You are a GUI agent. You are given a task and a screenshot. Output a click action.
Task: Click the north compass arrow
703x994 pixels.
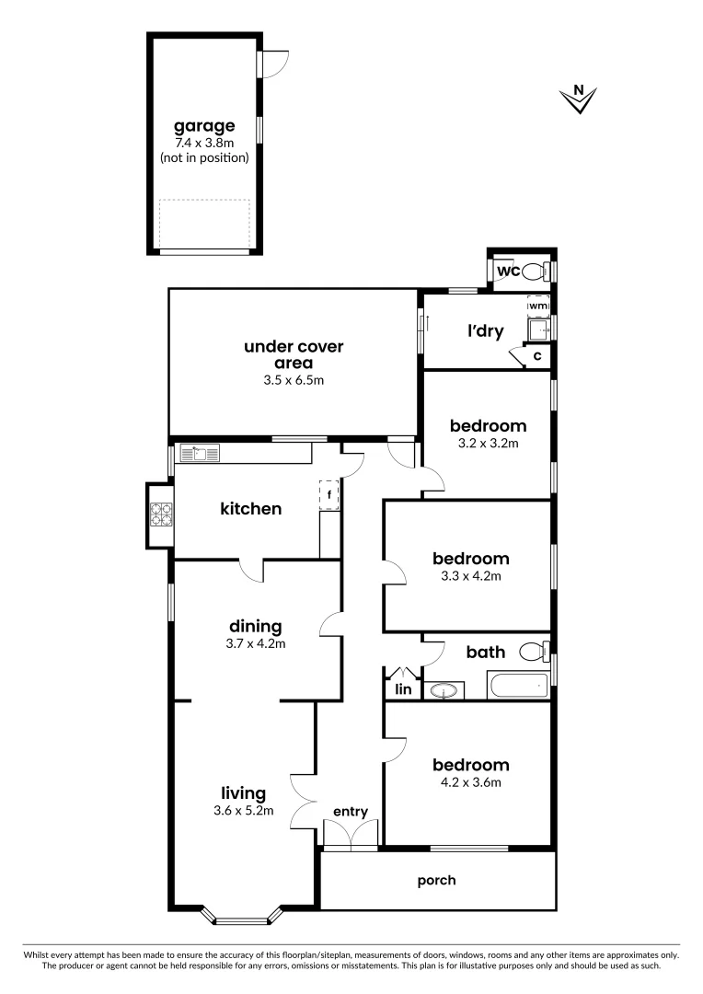point(579,99)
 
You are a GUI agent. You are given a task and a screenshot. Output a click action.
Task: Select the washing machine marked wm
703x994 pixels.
point(538,306)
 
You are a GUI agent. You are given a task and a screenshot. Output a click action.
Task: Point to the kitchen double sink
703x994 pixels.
point(200,452)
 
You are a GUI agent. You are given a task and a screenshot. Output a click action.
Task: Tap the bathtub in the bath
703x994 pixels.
point(518,686)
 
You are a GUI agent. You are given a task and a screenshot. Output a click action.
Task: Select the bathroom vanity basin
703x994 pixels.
point(443,690)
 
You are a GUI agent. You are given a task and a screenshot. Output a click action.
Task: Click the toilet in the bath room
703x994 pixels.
point(532,653)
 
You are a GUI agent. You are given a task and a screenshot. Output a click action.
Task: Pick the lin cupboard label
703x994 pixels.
point(402,689)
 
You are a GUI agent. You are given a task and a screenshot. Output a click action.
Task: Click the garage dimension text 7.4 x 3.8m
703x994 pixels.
point(204,143)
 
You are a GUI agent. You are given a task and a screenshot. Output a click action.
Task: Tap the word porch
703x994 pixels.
point(436,880)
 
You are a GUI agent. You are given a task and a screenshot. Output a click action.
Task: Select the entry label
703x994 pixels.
point(351,811)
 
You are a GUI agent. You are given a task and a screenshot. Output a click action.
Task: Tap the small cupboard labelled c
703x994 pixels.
point(536,355)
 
